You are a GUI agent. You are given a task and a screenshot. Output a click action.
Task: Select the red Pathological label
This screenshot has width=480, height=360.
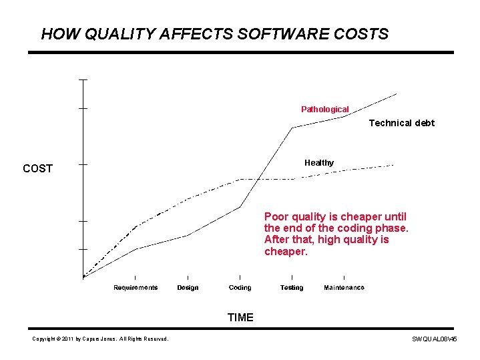[324, 109]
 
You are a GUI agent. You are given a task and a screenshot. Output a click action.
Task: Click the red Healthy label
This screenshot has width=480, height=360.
[319, 162]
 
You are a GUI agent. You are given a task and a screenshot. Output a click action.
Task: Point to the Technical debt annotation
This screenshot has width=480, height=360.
[401, 123]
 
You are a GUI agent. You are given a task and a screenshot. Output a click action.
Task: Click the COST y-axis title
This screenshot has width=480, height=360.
[37, 168]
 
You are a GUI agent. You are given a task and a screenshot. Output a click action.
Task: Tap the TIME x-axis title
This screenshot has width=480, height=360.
[240, 317]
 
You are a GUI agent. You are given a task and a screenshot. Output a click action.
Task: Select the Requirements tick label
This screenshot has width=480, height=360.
[136, 288]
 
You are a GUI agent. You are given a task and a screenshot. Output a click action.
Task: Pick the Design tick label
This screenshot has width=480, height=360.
[188, 288]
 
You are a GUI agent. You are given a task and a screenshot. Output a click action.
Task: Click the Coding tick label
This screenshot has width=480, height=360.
[240, 288]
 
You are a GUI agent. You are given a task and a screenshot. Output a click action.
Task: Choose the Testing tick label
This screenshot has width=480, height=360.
[292, 288]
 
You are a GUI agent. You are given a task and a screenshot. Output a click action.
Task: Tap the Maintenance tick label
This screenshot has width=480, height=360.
[344, 288]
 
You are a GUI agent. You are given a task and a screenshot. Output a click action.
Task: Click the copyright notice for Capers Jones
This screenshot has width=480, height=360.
[100, 339]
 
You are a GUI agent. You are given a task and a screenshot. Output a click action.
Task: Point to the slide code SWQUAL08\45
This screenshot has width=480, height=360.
[435, 340]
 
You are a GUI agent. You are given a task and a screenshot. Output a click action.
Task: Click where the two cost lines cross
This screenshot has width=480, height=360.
[257, 179]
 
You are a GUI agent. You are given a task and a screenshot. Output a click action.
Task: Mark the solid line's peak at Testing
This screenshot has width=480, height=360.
[292, 128]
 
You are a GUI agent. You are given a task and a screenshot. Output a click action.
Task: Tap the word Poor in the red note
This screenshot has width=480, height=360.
[276, 216]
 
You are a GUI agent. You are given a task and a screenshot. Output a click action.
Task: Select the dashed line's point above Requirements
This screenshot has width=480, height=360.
[136, 227]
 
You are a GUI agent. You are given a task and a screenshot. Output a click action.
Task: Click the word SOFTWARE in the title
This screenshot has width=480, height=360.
[261, 34]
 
